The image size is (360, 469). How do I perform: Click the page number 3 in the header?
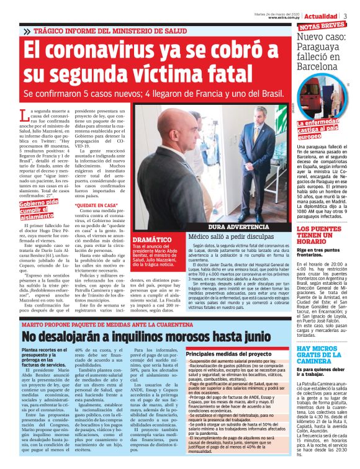345,16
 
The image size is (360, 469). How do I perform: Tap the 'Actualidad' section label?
322,16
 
